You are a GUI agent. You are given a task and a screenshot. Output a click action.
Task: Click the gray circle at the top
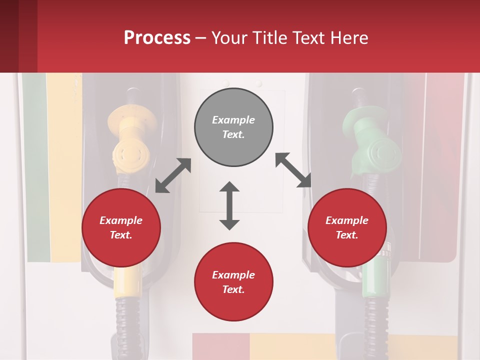(233, 127)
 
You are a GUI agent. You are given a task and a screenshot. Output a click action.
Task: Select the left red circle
(121, 227)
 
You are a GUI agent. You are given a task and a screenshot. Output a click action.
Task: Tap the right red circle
(347, 227)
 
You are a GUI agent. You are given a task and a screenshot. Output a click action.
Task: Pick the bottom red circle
(233, 282)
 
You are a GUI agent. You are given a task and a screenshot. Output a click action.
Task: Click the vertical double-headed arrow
(229, 205)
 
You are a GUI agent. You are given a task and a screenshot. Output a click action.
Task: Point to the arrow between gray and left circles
(173, 175)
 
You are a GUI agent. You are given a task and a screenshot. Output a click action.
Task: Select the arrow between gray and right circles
(293, 170)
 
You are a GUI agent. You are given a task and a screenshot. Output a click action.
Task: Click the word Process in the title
(157, 37)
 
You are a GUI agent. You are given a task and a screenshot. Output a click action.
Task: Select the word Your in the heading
(228, 37)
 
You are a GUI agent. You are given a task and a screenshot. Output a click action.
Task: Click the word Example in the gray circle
(233, 120)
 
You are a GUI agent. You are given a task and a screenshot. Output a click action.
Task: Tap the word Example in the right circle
(347, 220)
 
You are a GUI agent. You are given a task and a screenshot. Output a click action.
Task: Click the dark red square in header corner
(18, 36)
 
